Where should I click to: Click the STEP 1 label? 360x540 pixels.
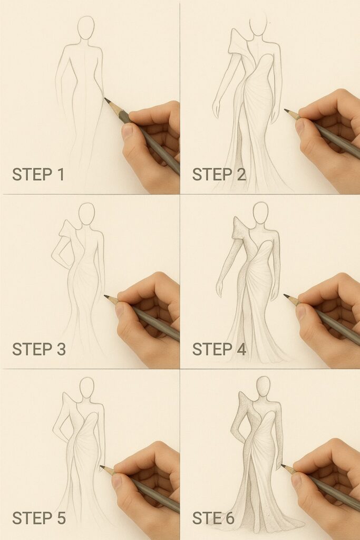click(38, 174)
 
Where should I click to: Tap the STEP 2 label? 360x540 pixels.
click(219, 174)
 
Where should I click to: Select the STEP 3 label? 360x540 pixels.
click(38, 349)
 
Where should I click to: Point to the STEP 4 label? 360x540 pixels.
click(219, 349)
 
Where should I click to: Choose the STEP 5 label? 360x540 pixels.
click(38, 518)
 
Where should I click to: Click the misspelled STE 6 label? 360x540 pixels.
click(213, 518)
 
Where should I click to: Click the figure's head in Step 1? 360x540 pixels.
click(86, 27)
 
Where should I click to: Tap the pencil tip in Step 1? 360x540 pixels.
click(105, 99)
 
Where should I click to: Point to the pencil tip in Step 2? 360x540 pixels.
click(286, 110)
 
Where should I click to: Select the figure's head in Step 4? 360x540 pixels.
click(260, 213)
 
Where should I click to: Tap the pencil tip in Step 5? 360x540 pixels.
click(101, 466)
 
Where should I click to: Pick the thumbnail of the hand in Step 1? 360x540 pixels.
click(128, 132)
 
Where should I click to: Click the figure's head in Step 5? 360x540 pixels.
click(86, 388)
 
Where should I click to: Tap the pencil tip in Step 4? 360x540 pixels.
click(285, 295)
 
